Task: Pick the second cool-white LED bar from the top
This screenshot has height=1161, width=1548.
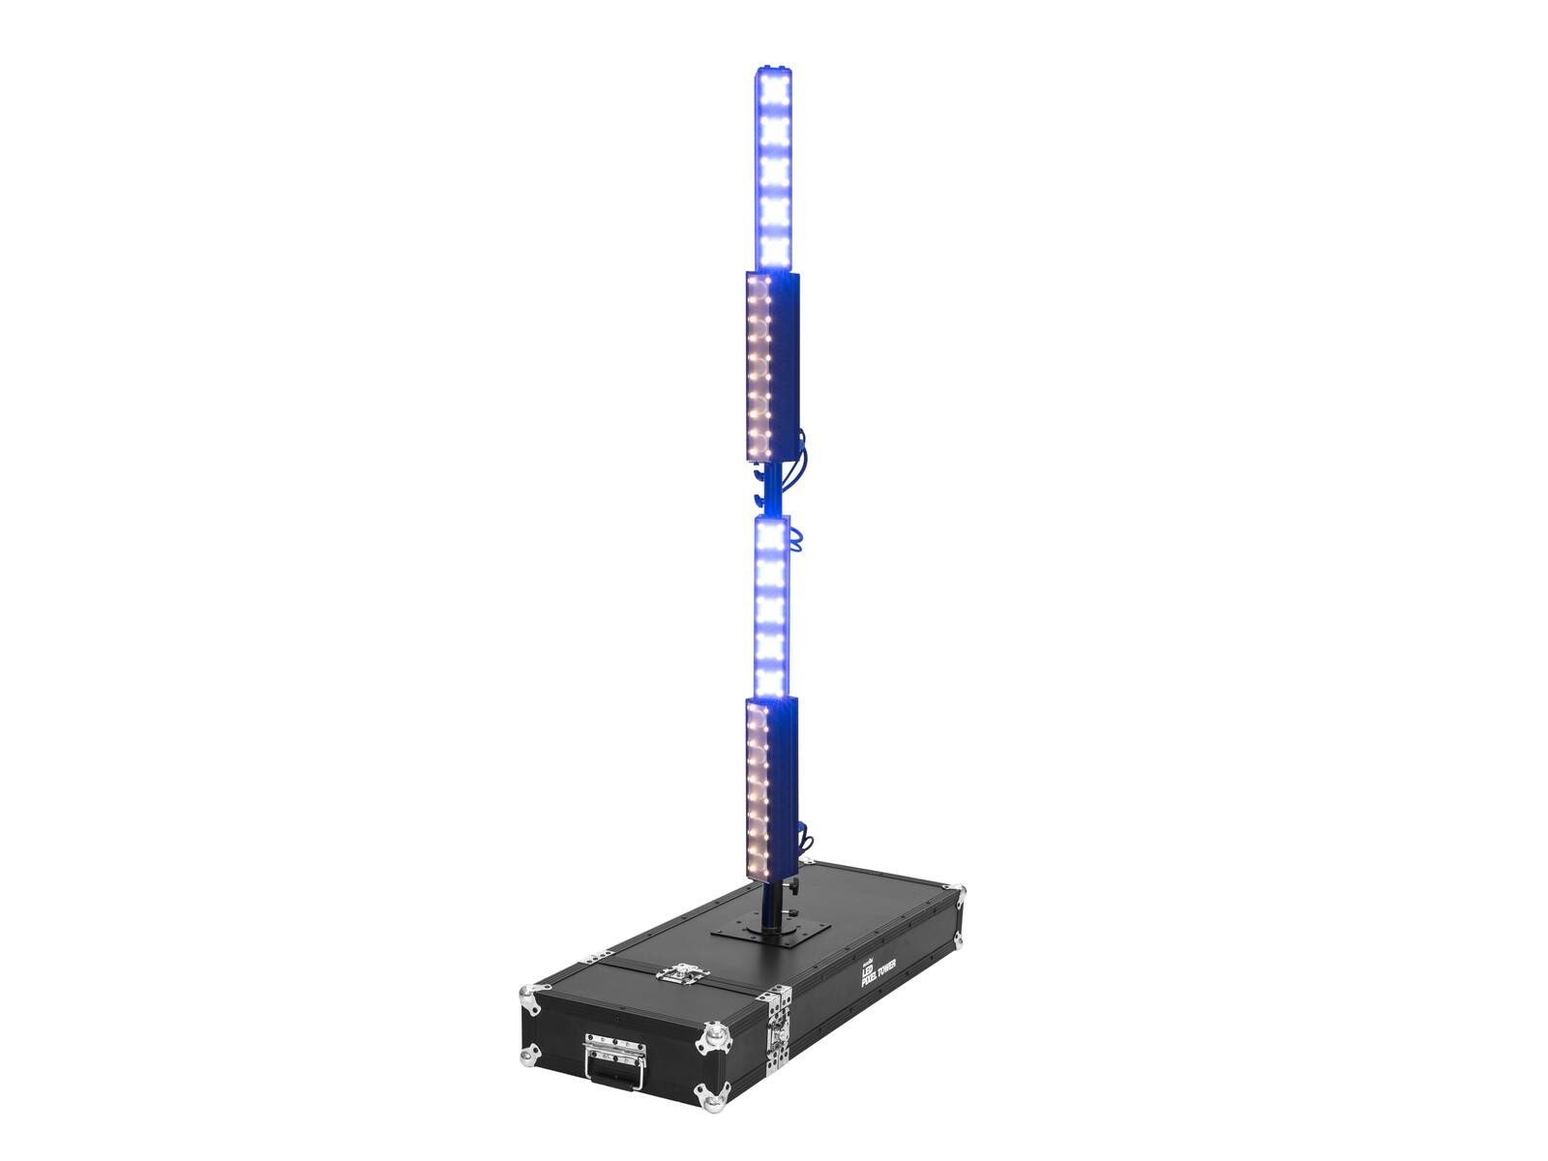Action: click(771, 607)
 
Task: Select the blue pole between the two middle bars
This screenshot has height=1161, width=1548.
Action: click(770, 491)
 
